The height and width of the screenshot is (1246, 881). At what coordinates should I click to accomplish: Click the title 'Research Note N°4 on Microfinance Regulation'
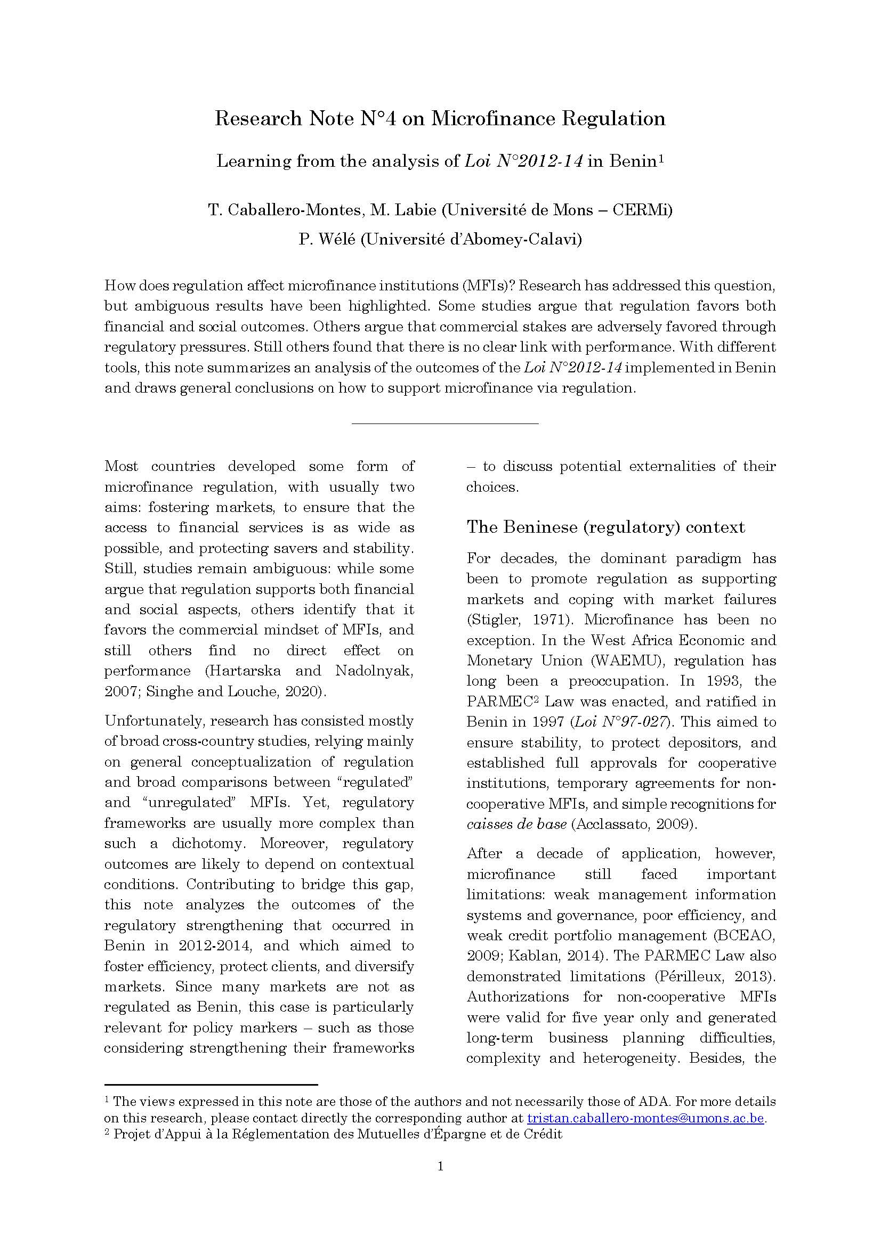tap(440, 118)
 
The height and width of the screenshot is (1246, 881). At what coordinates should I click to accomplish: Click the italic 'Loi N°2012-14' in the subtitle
tap(523, 161)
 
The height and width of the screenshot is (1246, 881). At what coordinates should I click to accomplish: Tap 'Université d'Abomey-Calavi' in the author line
tap(470, 239)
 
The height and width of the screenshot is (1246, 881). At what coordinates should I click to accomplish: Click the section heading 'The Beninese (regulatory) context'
tap(605, 527)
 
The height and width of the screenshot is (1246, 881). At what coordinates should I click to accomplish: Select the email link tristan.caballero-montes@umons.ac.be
tap(645, 1118)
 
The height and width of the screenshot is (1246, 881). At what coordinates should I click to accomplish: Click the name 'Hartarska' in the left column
tap(243, 671)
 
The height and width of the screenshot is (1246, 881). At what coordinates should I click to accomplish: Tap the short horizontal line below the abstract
tap(444, 423)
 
